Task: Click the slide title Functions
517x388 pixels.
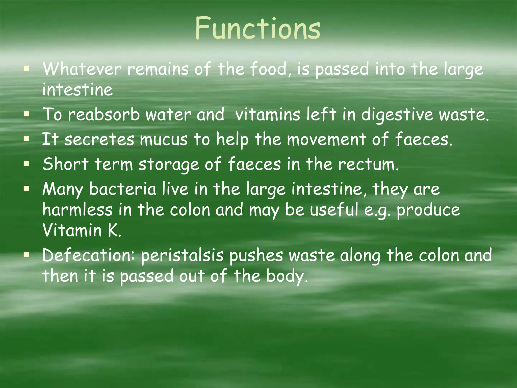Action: click(258, 28)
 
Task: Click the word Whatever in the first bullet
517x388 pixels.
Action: click(82, 69)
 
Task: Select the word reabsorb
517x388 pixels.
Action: click(104, 114)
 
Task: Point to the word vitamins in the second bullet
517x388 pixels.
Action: click(267, 114)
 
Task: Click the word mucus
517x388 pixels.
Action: click(164, 139)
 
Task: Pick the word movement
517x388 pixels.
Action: click(326, 139)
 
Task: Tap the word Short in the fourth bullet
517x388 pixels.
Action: click(65, 164)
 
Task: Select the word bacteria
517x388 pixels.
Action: click(123, 189)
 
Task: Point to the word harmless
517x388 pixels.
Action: click(77, 210)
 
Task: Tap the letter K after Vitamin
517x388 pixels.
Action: click(113, 230)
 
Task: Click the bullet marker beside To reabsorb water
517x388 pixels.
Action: click(26, 114)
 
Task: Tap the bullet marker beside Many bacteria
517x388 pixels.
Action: click(26, 189)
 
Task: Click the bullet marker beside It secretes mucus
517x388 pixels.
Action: click(26, 139)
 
